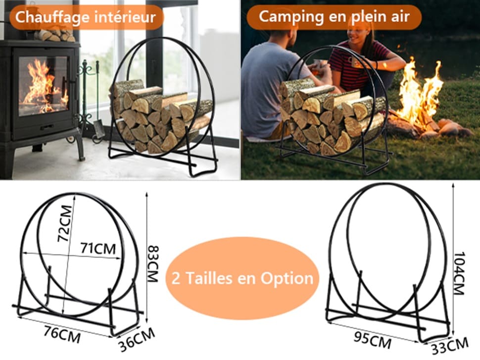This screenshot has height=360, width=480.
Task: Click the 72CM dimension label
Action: [x=65, y=223]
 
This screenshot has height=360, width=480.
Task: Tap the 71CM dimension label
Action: [x=98, y=248]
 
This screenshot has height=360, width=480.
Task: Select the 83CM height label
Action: [x=153, y=263]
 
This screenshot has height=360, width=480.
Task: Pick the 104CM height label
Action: [x=460, y=273]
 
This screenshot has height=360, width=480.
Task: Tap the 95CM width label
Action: [x=373, y=340]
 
